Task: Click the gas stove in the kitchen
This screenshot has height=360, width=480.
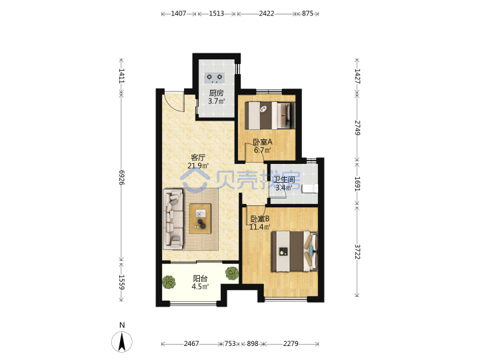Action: tap(215, 78)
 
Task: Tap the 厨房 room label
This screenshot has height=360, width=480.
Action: tap(217, 93)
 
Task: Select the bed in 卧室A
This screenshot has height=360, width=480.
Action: tap(270, 115)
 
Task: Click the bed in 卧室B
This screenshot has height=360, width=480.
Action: tap(295, 251)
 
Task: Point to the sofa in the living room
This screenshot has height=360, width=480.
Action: tap(173, 219)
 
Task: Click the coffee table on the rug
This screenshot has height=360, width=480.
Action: tap(200, 219)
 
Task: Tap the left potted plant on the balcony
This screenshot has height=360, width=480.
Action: tap(169, 282)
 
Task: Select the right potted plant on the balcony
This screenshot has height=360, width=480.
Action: tap(232, 273)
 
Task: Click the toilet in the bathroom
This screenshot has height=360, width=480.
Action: tap(310, 189)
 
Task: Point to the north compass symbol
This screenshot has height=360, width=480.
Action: tap(122, 341)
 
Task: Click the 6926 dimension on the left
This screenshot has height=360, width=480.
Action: tap(121, 177)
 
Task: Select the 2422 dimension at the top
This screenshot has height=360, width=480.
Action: tap(266, 13)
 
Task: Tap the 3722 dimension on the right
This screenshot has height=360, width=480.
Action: tap(357, 251)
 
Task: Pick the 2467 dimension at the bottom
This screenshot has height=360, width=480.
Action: tap(191, 344)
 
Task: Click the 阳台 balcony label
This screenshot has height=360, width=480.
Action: tap(200, 279)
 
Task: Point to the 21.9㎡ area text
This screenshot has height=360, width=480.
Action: tap(198, 166)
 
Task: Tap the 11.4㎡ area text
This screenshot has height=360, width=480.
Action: tap(260, 227)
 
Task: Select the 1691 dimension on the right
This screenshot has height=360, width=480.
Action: tap(357, 184)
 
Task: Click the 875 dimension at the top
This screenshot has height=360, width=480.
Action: tap(307, 13)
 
